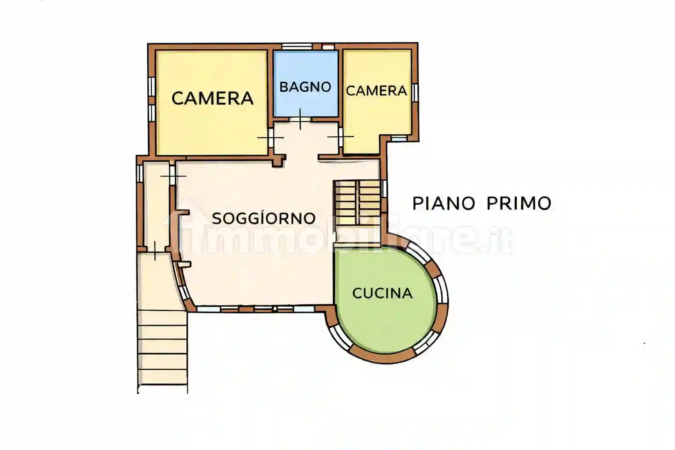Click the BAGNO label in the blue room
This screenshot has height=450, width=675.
click(305, 87)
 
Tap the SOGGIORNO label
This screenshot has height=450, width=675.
click(264, 218)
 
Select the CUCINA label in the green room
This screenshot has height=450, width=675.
click(382, 293)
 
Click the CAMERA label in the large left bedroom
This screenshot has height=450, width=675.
click(212, 98)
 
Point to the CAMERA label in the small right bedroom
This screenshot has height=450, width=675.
click(376, 91)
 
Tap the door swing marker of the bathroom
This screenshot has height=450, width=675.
click(300, 119)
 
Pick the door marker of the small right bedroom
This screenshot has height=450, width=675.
click(340, 137)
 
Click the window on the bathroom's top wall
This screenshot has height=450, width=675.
click(297, 46)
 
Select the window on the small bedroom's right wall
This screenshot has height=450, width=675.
click(414, 92)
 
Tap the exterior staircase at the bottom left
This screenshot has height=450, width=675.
click(162, 347)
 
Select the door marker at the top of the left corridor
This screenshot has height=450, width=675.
click(173, 176)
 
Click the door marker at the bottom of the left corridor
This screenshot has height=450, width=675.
click(155, 250)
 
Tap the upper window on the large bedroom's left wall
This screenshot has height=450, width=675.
click(151, 86)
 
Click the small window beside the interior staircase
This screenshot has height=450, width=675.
click(384, 188)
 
